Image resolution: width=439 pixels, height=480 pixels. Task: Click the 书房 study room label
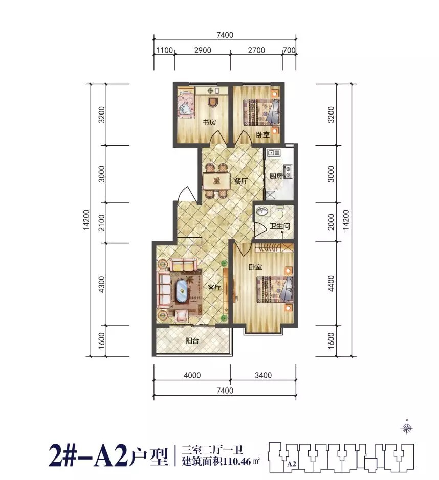(210, 122)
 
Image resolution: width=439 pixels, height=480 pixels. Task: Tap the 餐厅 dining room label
(241, 181)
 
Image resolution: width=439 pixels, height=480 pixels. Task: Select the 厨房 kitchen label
(276, 176)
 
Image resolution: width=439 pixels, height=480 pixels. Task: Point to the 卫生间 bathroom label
(280, 226)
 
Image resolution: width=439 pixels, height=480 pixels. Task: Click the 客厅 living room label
(214, 287)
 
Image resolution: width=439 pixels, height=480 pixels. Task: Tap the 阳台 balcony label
(192, 340)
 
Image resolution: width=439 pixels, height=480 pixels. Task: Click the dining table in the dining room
(216, 181)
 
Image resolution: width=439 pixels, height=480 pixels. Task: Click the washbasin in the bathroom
(262, 211)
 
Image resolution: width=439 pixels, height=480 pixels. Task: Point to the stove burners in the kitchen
(288, 172)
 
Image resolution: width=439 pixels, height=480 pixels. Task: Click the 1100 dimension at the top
(165, 50)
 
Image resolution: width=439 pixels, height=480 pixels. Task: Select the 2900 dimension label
(203, 50)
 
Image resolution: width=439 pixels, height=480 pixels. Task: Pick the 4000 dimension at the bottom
(192, 375)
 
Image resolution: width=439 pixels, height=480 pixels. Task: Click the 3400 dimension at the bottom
(263, 375)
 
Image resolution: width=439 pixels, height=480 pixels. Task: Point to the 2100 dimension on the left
(101, 223)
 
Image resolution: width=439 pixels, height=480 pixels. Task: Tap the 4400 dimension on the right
(331, 284)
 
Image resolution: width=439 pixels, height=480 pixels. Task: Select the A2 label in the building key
(292, 464)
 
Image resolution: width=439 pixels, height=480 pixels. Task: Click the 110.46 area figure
(237, 461)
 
